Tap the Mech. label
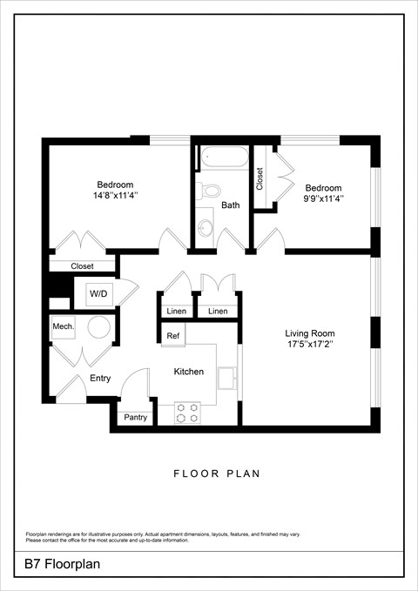63,326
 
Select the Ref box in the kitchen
172,335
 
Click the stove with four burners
187,412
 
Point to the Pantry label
135,418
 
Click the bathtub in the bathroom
225,158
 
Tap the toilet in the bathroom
210,191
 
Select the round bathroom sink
206,228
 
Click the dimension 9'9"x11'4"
323,199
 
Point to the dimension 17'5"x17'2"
310,345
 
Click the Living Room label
310,333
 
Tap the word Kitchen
188,372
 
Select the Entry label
100,379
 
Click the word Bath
230,206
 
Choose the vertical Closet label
260,178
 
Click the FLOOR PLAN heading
217,474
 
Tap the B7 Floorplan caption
63,564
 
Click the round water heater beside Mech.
98,327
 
